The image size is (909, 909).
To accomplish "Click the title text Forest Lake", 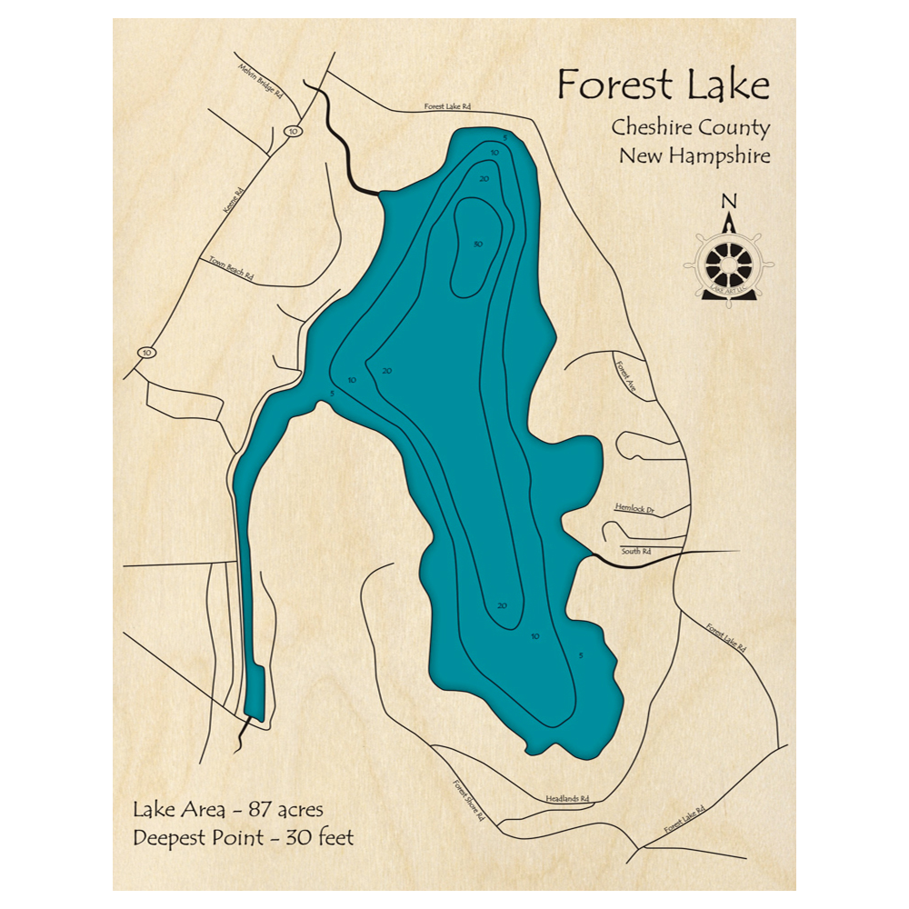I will pyautogui.click(x=663, y=85).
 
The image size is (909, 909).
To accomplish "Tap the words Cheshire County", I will pyautogui.click(x=690, y=128).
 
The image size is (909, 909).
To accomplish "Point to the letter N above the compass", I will pyautogui.click(x=728, y=202).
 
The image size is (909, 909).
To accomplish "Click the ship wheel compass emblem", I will pyautogui.click(x=729, y=264).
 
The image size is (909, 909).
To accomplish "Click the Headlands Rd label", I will pyautogui.click(x=568, y=798).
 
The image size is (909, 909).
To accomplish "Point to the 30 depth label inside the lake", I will pyautogui.click(x=477, y=244).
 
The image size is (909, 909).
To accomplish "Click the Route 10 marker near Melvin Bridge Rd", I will pyautogui.click(x=292, y=132).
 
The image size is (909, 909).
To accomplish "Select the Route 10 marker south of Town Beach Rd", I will pyautogui.click(x=146, y=351).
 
